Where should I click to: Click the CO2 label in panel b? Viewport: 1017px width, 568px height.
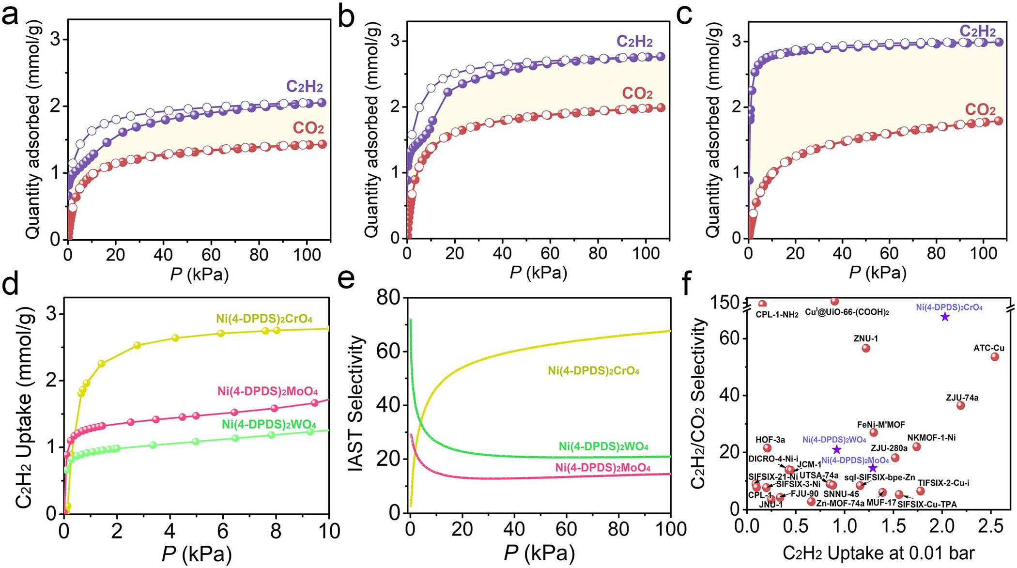(x=637, y=93)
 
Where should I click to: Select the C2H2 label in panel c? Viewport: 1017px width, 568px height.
(x=978, y=31)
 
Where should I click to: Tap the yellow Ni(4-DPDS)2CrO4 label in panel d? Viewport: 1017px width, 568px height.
(x=264, y=319)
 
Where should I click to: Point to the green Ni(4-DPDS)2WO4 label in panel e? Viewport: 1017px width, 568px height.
(x=603, y=446)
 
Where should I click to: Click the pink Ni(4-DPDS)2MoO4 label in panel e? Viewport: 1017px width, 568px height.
(x=603, y=468)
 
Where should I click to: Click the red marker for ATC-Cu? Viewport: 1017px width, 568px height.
(x=995, y=357)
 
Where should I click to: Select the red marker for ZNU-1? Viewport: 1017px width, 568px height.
(x=866, y=348)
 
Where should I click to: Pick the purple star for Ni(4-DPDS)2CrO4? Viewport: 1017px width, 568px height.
(x=945, y=317)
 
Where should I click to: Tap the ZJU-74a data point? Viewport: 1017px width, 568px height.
(x=961, y=405)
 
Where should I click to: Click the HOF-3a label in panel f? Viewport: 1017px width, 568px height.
(x=770, y=440)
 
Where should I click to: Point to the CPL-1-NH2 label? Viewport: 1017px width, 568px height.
(x=777, y=315)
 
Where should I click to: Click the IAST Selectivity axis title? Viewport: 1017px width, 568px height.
(x=356, y=404)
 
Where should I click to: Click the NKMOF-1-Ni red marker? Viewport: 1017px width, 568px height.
(x=917, y=446)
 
